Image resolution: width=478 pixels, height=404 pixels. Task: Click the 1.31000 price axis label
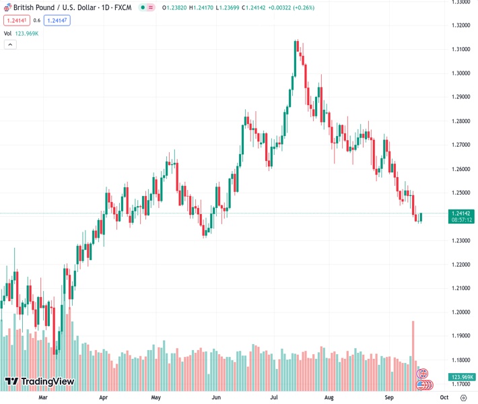tap(462, 49)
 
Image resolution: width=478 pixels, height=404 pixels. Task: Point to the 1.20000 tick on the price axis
tap(462, 312)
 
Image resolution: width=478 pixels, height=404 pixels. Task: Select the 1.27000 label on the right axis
tap(462, 145)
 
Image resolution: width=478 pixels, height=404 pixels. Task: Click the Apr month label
tap(104, 397)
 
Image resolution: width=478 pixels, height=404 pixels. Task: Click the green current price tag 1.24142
tap(463, 213)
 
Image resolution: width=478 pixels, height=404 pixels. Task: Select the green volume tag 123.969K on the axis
tap(463, 377)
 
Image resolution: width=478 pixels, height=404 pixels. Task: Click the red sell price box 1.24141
tap(15, 20)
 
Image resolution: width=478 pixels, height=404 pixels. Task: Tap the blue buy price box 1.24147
tap(57, 20)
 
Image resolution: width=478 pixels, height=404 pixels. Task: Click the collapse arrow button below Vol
tap(10, 44)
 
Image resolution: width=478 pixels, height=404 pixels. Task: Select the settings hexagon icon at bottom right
tap(463, 397)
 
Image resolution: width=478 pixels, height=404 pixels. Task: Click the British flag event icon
tap(423, 373)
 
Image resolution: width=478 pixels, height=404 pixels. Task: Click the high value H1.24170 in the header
tap(200, 7)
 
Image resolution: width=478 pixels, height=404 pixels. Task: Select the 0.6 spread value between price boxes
tap(37, 20)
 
